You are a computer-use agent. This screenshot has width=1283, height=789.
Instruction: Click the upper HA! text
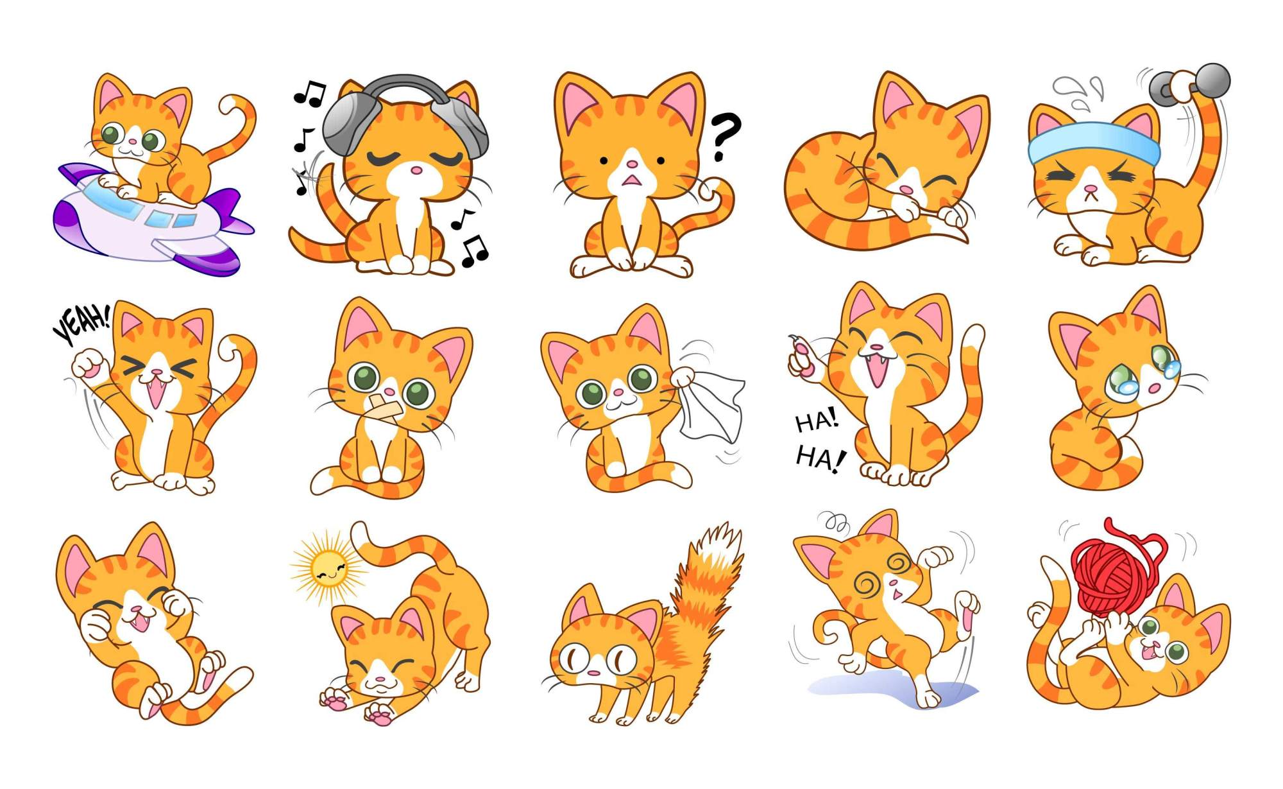[816, 421]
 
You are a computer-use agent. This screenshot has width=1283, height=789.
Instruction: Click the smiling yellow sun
[328, 568]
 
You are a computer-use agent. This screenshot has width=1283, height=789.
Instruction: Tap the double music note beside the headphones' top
[310, 94]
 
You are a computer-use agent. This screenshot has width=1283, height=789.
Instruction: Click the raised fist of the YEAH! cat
[89, 363]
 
